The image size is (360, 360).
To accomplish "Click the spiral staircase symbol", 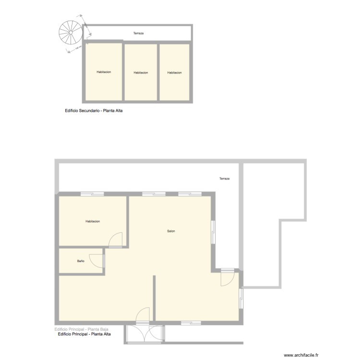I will (71, 32).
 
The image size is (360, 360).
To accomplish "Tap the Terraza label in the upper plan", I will (138, 34).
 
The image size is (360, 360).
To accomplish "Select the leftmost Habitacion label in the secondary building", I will (104, 72).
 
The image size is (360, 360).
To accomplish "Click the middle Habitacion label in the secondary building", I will (141, 72).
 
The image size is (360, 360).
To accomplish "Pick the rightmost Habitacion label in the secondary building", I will (174, 72).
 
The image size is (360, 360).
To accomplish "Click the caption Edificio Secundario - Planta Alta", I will (91, 111).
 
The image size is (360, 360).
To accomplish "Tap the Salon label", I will (171, 231).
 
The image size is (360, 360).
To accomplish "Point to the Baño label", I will (81, 261).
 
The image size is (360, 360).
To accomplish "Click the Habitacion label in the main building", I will (92, 221).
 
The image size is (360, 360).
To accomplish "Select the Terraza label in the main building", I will (224, 179).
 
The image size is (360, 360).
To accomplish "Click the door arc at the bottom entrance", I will (143, 315).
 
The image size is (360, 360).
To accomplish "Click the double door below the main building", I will (144, 333).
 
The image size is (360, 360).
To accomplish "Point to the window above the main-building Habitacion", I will (92, 194).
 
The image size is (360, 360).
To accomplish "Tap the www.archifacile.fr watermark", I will (301, 355).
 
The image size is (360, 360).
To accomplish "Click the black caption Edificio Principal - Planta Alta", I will (84, 334).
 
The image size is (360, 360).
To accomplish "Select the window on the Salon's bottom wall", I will (191, 323).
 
